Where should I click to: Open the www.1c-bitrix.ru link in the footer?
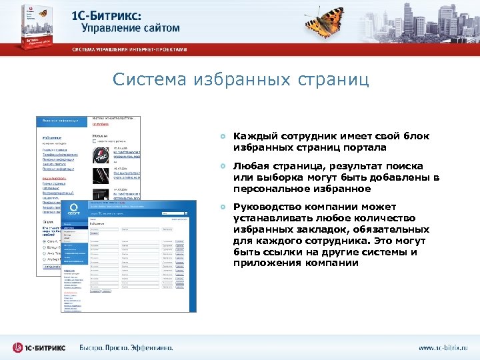[443, 348]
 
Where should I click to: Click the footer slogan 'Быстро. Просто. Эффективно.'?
[126, 348]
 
